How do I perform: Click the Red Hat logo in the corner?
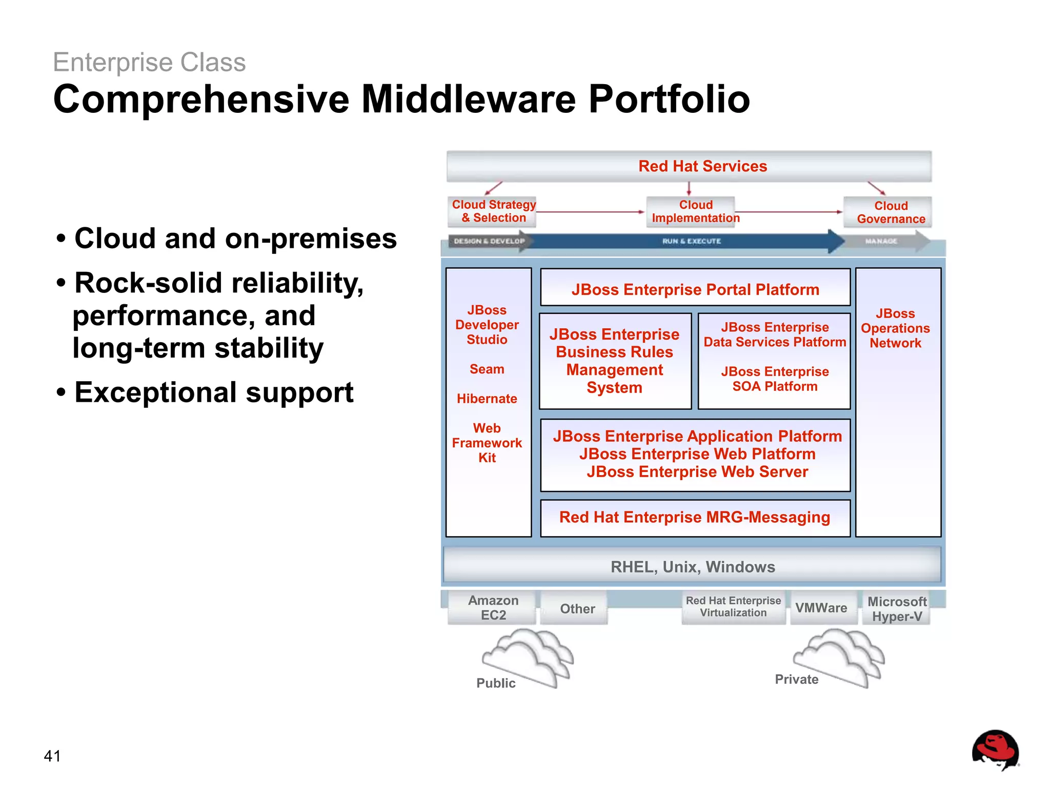[x=995, y=750]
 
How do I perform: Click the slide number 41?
[x=52, y=756]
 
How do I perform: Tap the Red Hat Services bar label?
[x=702, y=166]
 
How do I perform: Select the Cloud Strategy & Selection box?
[x=493, y=211]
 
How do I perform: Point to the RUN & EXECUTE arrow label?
[x=691, y=241]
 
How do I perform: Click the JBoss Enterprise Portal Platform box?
[x=695, y=289]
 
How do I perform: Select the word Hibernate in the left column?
[x=487, y=399]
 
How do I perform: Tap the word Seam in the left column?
[x=487, y=369]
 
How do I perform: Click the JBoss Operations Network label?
[x=895, y=328]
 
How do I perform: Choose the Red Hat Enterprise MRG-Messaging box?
[x=695, y=517]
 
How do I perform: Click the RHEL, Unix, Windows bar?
[x=693, y=566]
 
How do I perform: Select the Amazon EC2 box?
[x=493, y=608]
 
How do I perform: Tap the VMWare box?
[x=821, y=608]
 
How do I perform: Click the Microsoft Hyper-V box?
[x=897, y=609]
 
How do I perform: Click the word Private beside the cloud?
[x=796, y=679]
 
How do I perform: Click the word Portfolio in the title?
[x=669, y=99]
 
